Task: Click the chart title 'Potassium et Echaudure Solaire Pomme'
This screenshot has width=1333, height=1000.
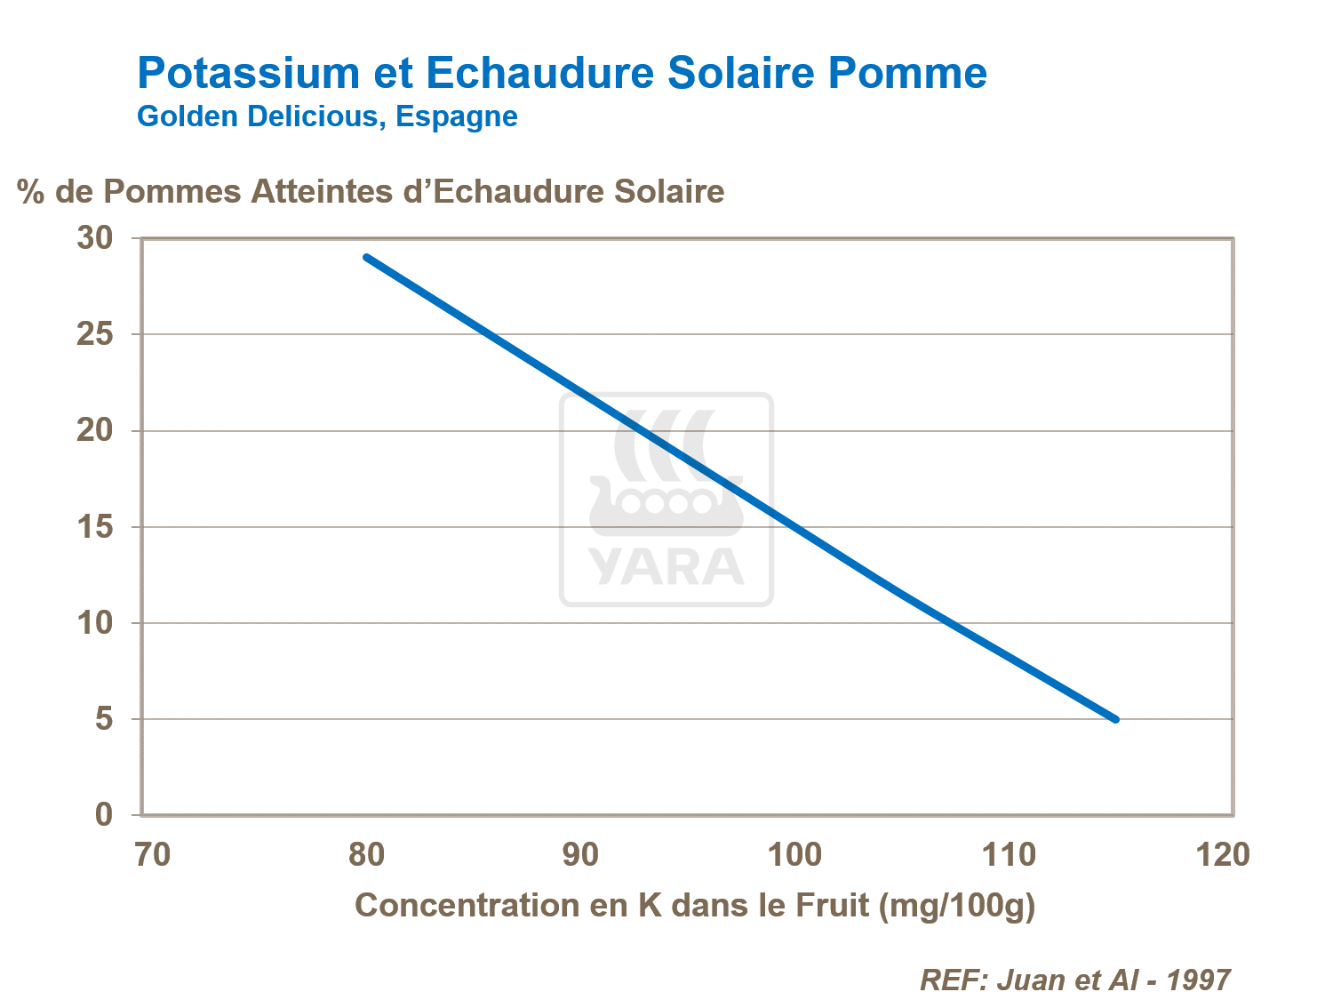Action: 562,73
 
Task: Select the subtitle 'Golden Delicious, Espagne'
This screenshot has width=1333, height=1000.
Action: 327,116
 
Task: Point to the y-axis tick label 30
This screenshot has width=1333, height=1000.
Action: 95,238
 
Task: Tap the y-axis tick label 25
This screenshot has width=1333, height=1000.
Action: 95,334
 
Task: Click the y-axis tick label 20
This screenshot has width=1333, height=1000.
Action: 95,430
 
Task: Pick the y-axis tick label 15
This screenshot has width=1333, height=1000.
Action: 95,527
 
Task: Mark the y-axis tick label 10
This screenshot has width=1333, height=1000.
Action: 95,623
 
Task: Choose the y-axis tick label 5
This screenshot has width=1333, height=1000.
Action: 104,718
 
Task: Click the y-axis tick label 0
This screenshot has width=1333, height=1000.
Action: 104,814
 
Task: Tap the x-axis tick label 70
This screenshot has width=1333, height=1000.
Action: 152,855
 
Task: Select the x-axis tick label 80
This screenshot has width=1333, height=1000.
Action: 366,855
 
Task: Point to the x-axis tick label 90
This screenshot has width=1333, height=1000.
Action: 580,855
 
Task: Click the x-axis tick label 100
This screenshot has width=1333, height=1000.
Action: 794,855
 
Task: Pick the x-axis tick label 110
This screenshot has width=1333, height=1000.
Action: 1009,855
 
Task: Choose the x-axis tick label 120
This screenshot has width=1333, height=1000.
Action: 1223,855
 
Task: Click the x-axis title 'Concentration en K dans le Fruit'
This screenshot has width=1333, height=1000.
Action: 695,906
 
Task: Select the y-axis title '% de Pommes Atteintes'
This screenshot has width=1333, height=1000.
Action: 371,191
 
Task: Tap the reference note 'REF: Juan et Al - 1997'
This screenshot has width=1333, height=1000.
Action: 1074,980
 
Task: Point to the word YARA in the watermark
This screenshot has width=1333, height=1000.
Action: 666,567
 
